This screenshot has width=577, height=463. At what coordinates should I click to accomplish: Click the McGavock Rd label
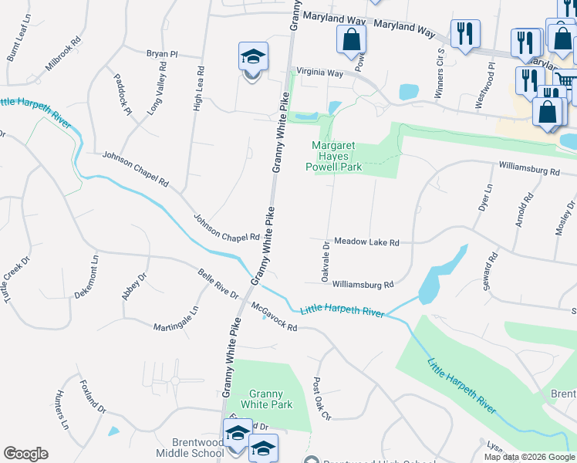pos(274,316)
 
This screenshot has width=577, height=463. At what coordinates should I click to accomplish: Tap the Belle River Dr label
pos(218,283)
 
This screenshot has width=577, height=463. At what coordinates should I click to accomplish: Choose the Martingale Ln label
pos(175,318)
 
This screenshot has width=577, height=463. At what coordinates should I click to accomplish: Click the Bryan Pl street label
pos(162,54)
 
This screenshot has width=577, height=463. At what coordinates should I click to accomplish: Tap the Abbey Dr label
pos(133,286)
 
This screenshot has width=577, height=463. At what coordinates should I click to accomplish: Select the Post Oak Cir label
pos(322,398)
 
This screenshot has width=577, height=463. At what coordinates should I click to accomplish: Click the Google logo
pos(25,454)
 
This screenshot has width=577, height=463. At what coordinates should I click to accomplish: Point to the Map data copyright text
pos(528,457)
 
